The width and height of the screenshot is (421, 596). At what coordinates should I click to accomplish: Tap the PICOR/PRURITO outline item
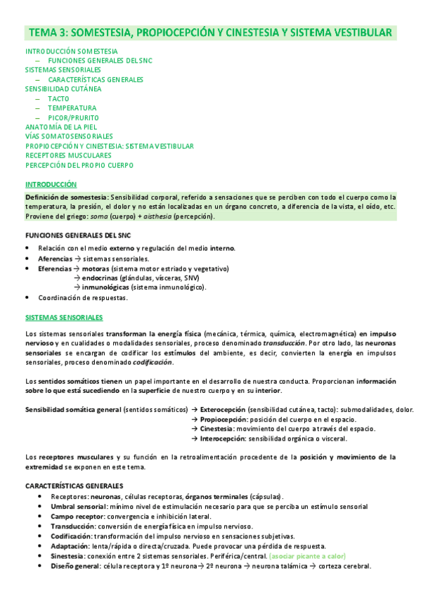point(73,117)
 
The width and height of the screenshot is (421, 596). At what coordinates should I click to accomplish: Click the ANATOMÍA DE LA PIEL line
point(60,127)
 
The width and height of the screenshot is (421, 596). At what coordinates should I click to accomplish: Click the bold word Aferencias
point(55,259)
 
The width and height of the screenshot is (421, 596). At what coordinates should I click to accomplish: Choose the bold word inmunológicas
point(109,287)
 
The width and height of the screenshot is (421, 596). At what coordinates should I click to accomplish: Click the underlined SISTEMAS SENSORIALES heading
point(64,318)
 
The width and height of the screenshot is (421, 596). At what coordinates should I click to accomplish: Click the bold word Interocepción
point(221,439)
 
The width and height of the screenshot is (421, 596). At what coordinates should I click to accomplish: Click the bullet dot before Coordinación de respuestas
point(27,298)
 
